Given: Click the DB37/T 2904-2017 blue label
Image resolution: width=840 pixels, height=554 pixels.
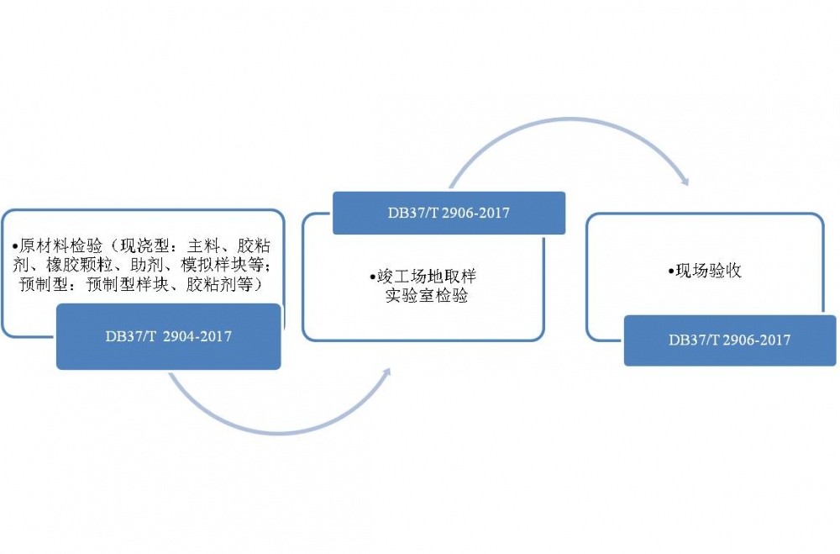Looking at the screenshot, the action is point(169,336).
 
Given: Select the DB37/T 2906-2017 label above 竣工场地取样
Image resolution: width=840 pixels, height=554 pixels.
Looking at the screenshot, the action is point(449,213).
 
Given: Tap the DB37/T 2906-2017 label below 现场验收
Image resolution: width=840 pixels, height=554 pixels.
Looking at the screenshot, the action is point(730,340).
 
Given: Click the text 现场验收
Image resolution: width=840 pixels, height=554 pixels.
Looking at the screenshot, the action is point(708,271).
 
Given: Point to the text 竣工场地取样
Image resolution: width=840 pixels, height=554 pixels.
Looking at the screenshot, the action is point(427,277).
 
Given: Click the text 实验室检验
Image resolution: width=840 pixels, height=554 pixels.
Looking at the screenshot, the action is point(427,295).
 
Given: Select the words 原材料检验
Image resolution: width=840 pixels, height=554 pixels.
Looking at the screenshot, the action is point(60,246).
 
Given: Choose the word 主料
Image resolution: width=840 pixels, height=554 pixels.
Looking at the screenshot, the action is point(203,246).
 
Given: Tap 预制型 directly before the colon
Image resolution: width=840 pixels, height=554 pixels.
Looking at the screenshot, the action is point(44,283).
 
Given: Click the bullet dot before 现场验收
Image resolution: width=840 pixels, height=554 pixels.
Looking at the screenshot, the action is point(670,272).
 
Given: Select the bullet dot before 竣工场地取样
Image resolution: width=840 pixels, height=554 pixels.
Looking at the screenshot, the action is point(372,277).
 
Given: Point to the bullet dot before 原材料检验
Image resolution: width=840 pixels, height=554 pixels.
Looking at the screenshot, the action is point(15,247).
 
